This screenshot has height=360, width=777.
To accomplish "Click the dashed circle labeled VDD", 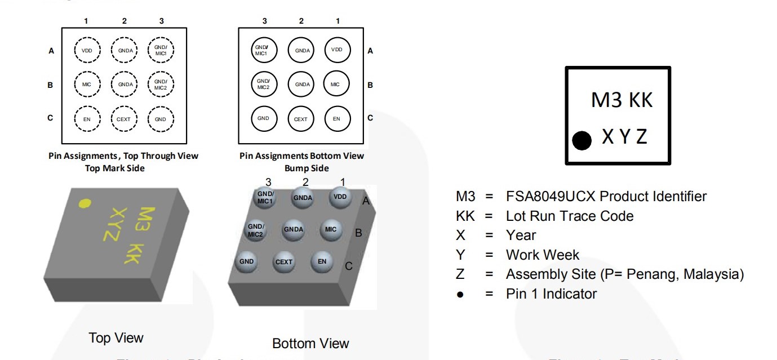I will click(x=87, y=51).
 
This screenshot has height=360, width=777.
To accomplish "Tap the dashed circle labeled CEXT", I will click(x=124, y=119).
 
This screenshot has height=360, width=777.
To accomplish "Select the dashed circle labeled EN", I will click(x=87, y=119).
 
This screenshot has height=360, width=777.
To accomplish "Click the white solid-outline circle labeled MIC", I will click(x=336, y=85).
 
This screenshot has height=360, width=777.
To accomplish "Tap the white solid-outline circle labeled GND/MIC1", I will click(x=264, y=51).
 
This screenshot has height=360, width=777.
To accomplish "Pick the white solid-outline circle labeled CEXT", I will click(x=301, y=119).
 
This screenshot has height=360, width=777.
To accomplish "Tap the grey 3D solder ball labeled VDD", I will click(x=340, y=197).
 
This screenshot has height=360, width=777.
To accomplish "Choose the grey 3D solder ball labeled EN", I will click(x=322, y=261).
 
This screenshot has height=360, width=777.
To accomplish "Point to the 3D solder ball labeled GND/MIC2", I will click(x=256, y=230).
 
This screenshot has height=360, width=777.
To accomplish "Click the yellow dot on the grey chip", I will click(x=85, y=203).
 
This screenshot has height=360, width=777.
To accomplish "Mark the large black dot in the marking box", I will click(x=582, y=140).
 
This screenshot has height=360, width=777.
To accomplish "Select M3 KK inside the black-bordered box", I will click(x=621, y=100).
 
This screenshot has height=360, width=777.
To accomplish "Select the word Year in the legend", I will click(x=521, y=235).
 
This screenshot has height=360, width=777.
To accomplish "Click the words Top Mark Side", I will click(x=115, y=168).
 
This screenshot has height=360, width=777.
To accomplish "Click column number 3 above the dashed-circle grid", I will click(x=161, y=21).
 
